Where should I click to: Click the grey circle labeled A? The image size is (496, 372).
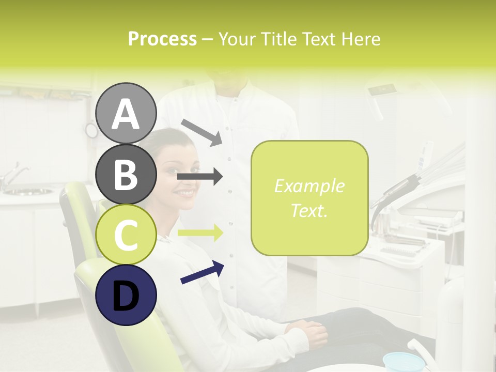point(126,113)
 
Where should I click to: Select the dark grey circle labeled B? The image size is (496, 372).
point(126,174)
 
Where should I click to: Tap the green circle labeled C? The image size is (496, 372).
point(126,235)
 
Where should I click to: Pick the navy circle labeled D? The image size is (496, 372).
point(126,295)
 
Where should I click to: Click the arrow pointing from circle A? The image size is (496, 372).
point(201,131)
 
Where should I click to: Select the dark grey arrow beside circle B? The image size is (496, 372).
point(200,176)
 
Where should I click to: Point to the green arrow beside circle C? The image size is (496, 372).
point(200,233)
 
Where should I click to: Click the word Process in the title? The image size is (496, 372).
point(162,39)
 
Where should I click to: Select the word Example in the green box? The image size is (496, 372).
point(309,186)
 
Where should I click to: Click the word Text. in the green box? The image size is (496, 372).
point(309,210)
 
